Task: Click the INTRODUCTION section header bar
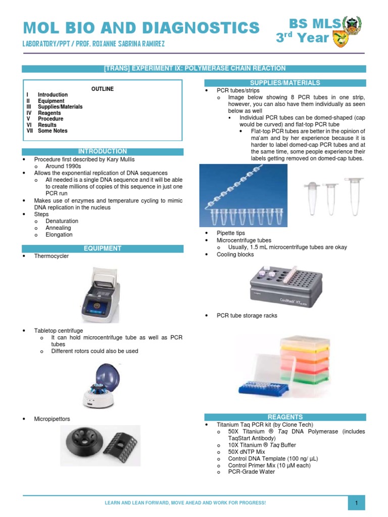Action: pos(103,151)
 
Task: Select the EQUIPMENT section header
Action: pos(103,248)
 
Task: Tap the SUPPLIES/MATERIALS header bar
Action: pos(285,83)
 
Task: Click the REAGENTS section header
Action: pos(285,417)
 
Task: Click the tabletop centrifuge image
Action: pos(102,384)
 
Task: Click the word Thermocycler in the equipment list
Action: pos(52,256)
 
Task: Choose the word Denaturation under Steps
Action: pos(62,221)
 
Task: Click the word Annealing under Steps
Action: pos(59,228)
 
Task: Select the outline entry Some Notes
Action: pos(53,131)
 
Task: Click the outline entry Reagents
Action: pos(49,113)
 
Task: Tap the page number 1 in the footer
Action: pos(356,503)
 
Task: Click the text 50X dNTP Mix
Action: pos(247,452)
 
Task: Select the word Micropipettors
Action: pos(52,419)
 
